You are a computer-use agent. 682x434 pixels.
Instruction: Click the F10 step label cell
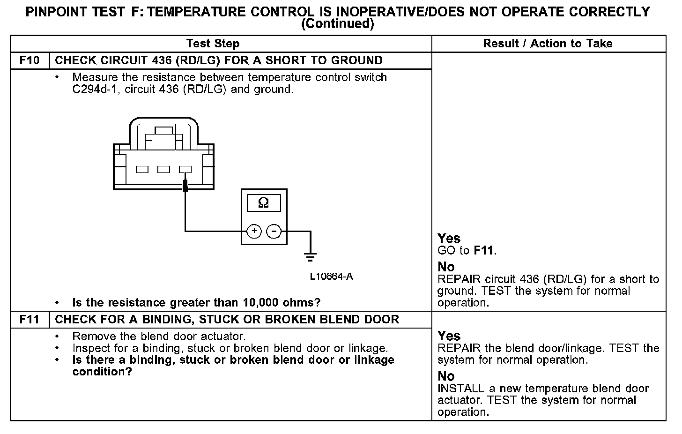click(x=29, y=60)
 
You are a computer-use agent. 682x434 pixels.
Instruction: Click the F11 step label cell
click(x=29, y=320)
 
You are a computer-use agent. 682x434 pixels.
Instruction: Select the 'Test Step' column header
click(x=213, y=44)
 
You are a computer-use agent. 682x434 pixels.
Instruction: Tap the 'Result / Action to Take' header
click(x=548, y=44)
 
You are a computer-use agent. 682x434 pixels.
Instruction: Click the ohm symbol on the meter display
click(x=264, y=203)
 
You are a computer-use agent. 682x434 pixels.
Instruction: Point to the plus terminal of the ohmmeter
click(x=254, y=231)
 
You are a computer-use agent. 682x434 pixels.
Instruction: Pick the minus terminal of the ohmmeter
click(x=274, y=231)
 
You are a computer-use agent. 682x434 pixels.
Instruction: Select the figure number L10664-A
click(x=331, y=277)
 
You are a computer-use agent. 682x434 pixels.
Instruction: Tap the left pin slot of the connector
click(x=142, y=169)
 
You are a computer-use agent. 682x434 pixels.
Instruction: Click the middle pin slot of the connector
click(x=163, y=169)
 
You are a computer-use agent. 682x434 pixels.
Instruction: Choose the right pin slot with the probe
click(x=185, y=169)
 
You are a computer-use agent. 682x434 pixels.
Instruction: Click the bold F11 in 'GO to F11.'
click(x=484, y=251)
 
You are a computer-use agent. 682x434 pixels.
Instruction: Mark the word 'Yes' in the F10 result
click(x=449, y=239)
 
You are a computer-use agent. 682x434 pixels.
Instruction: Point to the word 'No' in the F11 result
click(x=446, y=376)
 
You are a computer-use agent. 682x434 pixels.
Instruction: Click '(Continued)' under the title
click(x=337, y=24)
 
